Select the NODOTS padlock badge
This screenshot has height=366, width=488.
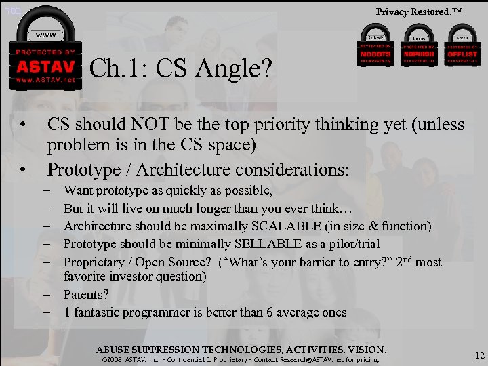(x=375, y=47)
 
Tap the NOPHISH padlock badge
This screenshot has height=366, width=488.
(x=418, y=47)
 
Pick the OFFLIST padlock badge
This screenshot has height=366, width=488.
(x=462, y=47)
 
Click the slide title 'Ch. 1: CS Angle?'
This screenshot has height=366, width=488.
(x=180, y=68)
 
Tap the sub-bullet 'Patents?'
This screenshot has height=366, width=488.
(x=86, y=295)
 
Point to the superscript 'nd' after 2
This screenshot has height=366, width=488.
(x=405, y=258)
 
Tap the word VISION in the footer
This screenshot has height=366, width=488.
(x=365, y=350)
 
